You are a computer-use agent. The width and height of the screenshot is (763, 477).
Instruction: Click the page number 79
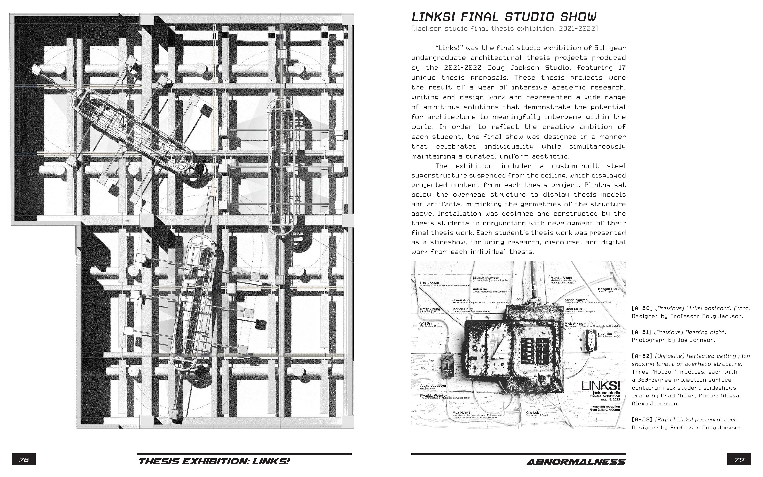tap(739, 460)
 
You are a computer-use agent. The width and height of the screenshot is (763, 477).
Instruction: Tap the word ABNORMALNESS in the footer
tap(576, 462)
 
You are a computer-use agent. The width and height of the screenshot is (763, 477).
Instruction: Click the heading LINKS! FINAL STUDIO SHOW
tap(504, 17)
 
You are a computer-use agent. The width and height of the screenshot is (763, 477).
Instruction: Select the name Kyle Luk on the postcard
tap(532, 412)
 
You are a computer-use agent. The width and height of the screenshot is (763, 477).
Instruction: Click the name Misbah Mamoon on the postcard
tap(486, 278)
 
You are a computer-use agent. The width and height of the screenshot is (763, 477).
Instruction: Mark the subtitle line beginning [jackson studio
tap(504, 29)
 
